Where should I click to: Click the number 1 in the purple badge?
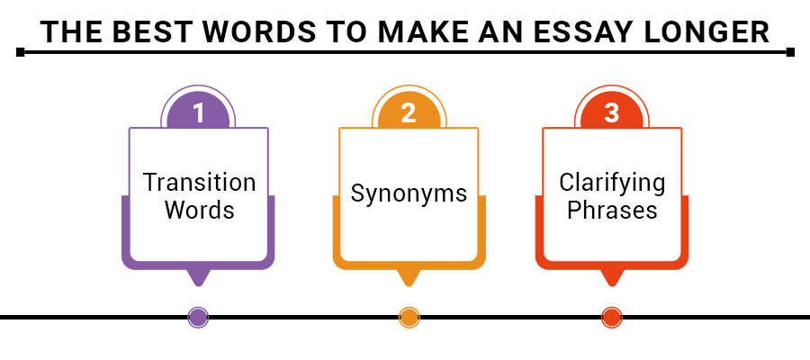click(x=199, y=112)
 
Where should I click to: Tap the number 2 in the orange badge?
click(x=409, y=112)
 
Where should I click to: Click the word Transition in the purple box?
click(x=199, y=183)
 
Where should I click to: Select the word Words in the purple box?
click(x=199, y=211)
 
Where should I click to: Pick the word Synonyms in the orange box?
click(x=409, y=193)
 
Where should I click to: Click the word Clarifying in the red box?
click(x=612, y=183)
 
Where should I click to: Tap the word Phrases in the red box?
click(x=612, y=211)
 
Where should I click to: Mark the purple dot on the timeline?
click(x=198, y=317)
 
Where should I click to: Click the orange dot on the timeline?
click(x=409, y=317)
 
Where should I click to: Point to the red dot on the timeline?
click(x=612, y=317)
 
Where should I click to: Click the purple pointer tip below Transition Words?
click(x=198, y=279)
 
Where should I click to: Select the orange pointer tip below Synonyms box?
click(x=409, y=279)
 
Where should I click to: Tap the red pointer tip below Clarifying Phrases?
click(x=612, y=279)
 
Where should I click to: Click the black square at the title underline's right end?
click(x=790, y=52)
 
